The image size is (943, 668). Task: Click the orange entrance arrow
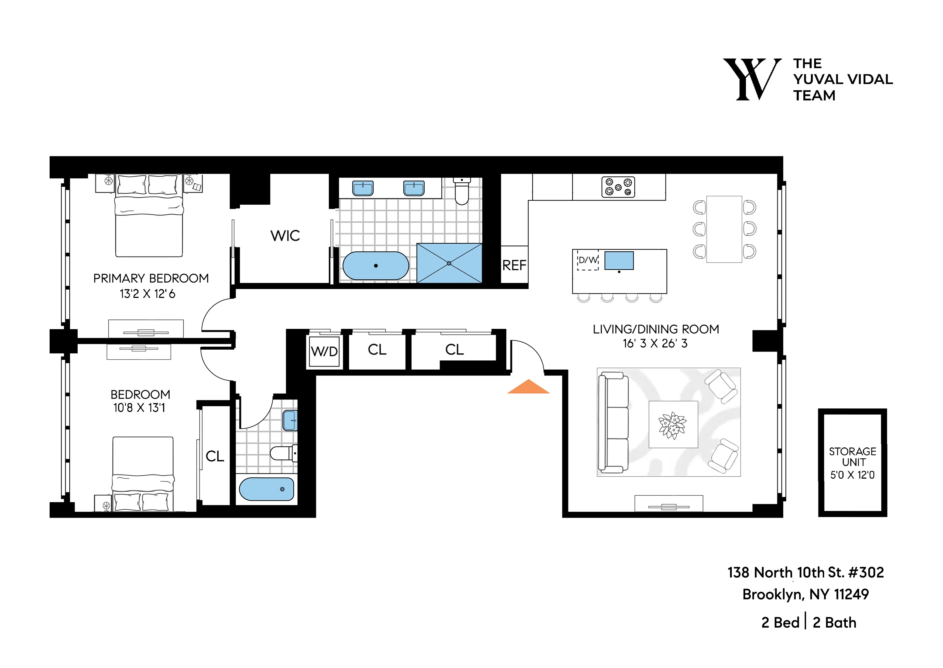(528, 388)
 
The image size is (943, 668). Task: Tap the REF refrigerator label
(514, 265)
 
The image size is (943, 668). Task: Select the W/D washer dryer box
(324, 351)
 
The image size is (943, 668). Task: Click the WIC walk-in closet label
(285, 236)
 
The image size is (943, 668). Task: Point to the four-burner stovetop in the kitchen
(618, 187)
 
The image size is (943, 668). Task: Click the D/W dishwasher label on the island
(588, 260)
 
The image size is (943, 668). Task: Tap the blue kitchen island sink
(619, 260)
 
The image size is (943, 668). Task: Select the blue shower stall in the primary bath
(449, 263)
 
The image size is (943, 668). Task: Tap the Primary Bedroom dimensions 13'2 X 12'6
(147, 294)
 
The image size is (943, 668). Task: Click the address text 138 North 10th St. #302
(806, 572)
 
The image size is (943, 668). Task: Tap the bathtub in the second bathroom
(266, 489)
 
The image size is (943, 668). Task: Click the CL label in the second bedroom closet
(215, 456)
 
